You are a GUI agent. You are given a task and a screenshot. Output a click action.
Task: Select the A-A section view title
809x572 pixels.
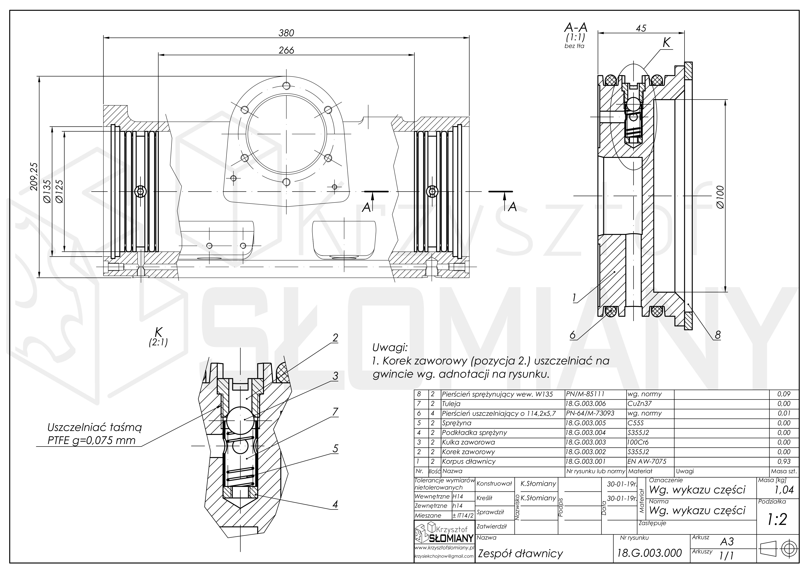click(x=576, y=27)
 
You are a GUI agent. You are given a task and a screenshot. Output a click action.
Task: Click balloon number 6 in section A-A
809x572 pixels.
click(x=573, y=335)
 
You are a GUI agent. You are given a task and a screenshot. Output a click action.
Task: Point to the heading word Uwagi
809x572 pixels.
click(x=390, y=348)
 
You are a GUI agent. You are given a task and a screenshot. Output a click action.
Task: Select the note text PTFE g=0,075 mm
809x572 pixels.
click(x=92, y=441)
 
